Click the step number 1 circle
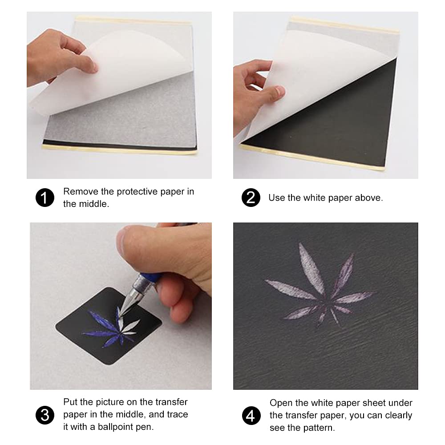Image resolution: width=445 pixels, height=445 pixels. click(44, 198)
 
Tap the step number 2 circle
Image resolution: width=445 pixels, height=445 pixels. click(251, 198)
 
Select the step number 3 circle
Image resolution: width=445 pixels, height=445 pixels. click(44, 415)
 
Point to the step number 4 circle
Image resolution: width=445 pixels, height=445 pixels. click(251, 416)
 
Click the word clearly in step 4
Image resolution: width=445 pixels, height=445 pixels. click(397, 416)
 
